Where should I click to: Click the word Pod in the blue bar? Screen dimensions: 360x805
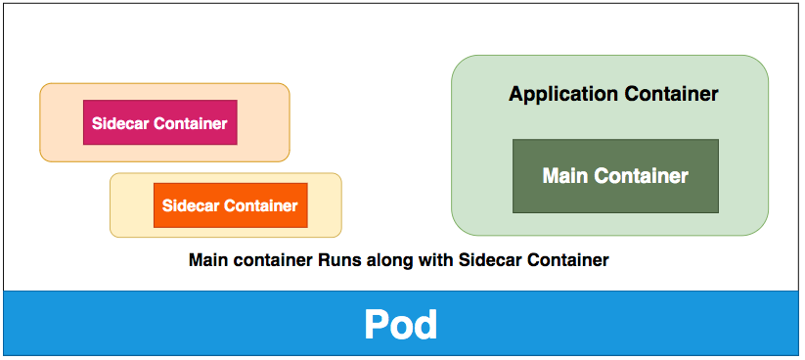tap(400, 325)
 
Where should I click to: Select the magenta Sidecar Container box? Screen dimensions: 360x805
tap(159, 123)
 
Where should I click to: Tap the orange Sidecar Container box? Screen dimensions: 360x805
tap(230, 205)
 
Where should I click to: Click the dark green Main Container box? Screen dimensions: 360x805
tap(615, 176)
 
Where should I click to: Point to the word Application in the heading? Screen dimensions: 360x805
tap(553, 95)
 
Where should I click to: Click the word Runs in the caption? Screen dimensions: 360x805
tap(335, 260)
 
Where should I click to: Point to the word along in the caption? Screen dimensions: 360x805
tap(383, 260)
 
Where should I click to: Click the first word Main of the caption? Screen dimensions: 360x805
tap(206, 260)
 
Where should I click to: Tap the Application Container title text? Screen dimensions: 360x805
tap(613, 95)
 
